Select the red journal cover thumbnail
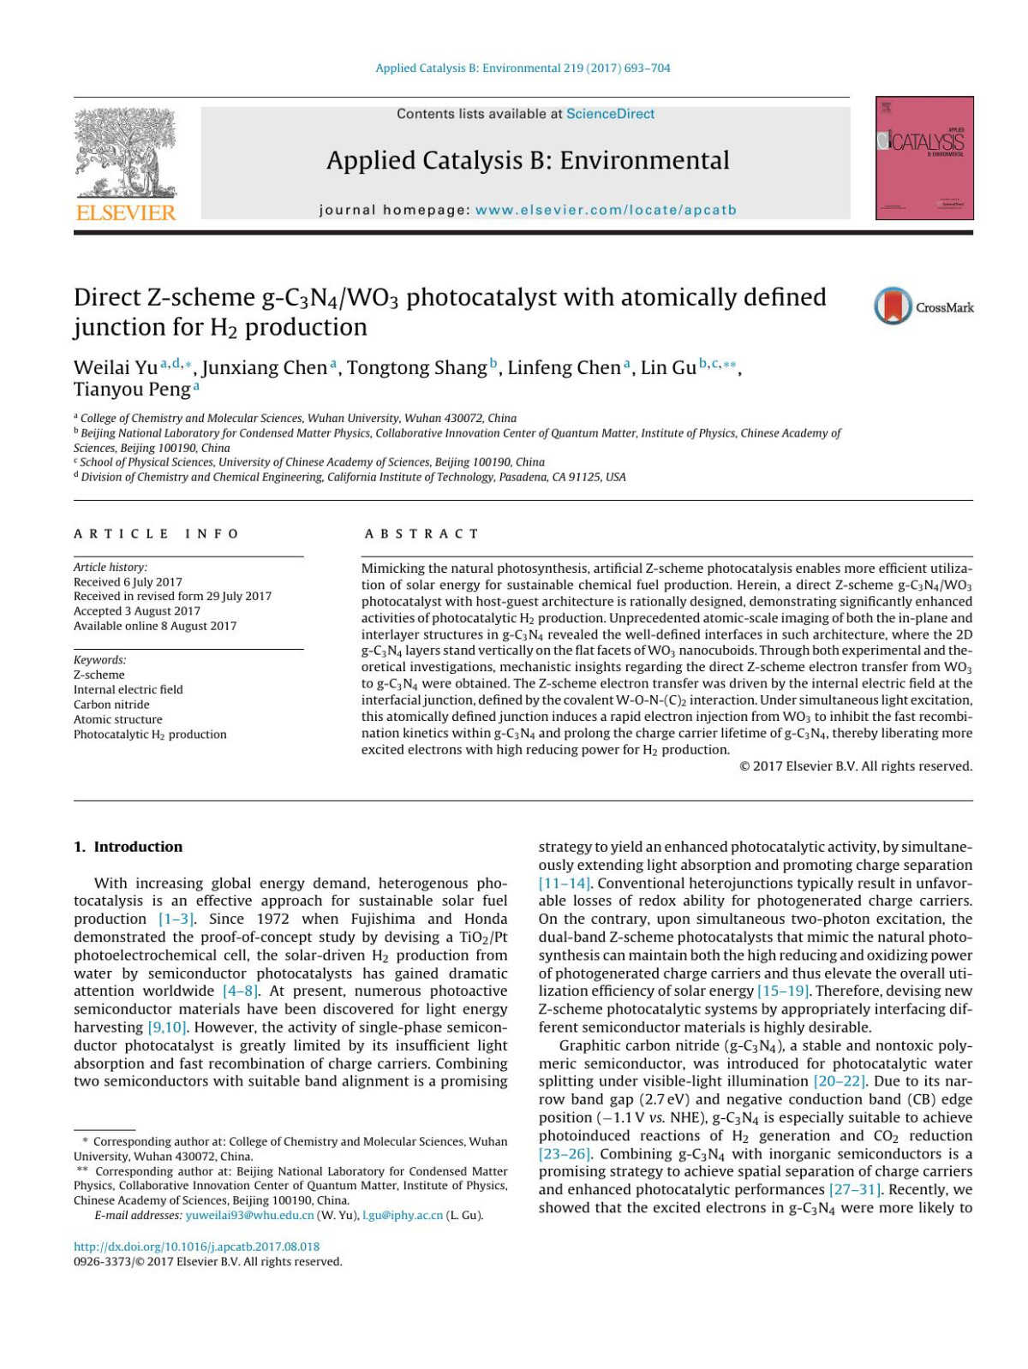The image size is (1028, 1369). [924, 158]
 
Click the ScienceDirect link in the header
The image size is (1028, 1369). [610, 114]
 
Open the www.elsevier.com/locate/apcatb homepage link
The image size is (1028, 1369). [606, 210]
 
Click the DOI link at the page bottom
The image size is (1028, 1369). [196, 1247]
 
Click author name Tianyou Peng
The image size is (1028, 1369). [132, 390]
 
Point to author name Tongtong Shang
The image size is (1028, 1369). [416, 368]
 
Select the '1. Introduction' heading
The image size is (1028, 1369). [128, 847]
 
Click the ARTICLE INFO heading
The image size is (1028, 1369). [156, 533]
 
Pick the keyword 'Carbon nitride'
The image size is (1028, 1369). [111, 705]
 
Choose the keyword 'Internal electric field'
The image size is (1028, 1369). [128, 689]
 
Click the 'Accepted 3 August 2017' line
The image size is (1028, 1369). [137, 611]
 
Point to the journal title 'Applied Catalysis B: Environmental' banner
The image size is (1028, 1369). [528, 160]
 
